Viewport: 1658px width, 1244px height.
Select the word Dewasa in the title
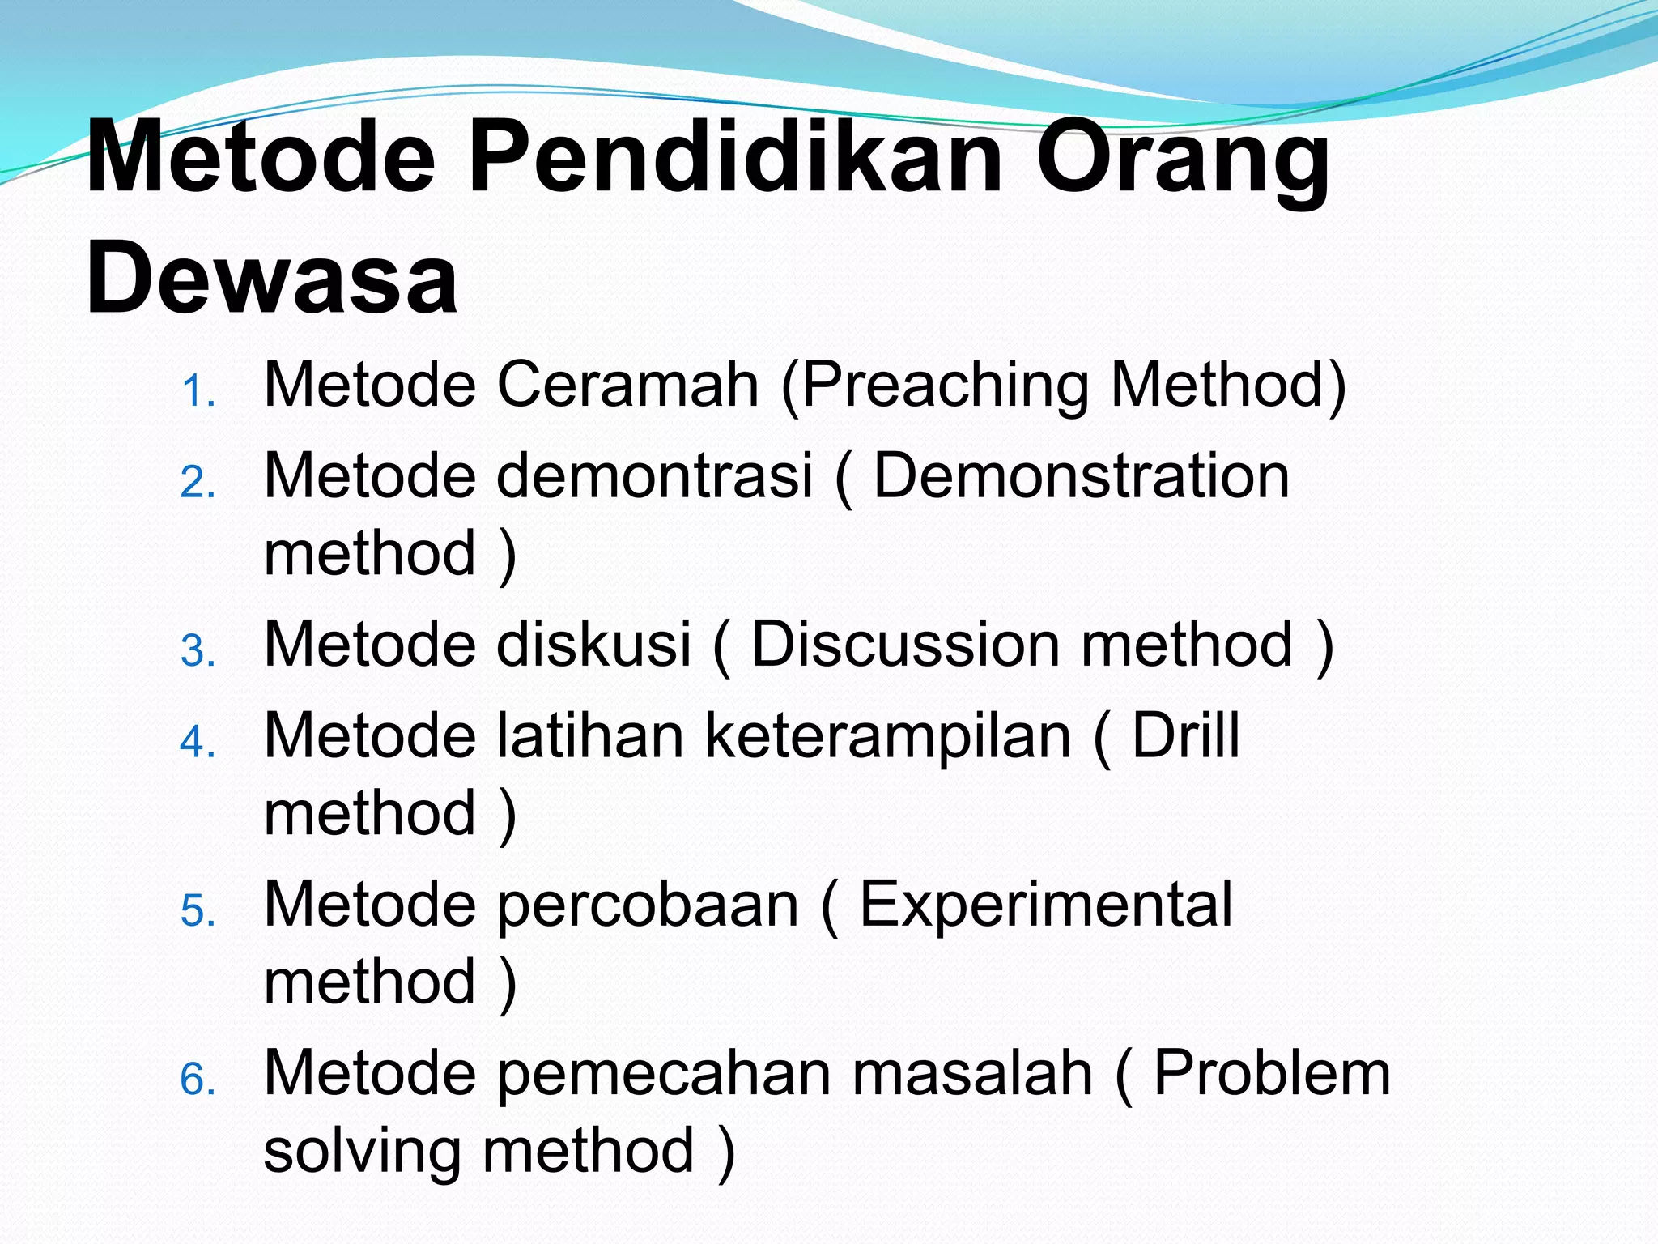pyautogui.click(x=272, y=278)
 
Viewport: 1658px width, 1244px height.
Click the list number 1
pyautogui.click(x=198, y=393)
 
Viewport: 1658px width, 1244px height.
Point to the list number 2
pyautogui.click(x=198, y=484)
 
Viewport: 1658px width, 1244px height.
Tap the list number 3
pyautogui.click(x=198, y=652)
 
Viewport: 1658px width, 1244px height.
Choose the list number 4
pyautogui.click(x=198, y=743)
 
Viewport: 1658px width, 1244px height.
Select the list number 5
pyautogui.click(x=198, y=911)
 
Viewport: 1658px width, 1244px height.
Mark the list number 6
pyautogui.click(x=198, y=1080)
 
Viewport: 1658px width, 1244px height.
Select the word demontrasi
pyautogui.click(x=654, y=475)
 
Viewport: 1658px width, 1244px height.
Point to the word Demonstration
pyautogui.click(x=1082, y=475)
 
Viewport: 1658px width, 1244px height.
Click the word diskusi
pyautogui.click(x=593, y=644)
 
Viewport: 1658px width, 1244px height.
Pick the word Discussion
pyautogui.click(x=905, y=644)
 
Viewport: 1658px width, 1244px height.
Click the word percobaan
pyautogui.click(x=648, y=905)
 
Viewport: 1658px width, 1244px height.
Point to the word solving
pyautogui.click(x=362, y=1151)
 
